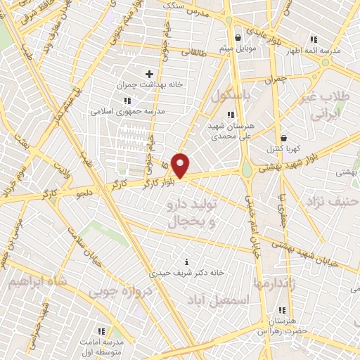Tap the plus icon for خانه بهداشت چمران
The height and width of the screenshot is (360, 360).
tap(148, 73)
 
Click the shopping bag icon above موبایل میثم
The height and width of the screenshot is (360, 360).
tap(239, 37)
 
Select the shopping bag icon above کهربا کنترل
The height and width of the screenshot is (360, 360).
tap(283, 138)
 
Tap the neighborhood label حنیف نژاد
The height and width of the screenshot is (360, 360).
tap(333, 202)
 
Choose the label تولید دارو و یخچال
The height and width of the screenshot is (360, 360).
tap(188, 214)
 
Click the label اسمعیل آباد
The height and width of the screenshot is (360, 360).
tap(218, 300)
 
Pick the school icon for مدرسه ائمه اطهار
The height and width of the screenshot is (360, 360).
tap(313, 39)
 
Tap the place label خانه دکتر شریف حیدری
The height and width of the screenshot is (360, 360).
tap(186, 271)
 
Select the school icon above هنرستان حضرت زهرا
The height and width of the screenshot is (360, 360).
tap(283, 310)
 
